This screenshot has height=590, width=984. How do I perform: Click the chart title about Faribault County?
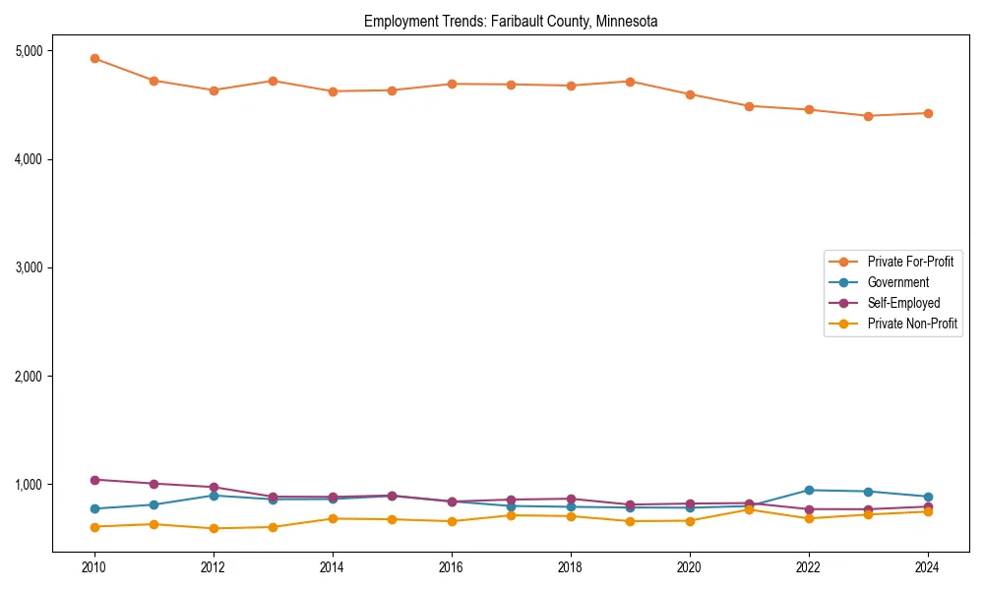(x=510, y=21)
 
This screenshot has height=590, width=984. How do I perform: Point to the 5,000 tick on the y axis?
(x=28, y=51)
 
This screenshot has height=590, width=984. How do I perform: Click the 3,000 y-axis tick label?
(x=28, y=267)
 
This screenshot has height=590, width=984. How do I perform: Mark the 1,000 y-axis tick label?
(x=28, y=485)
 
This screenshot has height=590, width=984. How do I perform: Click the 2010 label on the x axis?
(x=94, y=567)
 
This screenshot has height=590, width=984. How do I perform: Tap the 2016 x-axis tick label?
(x=451, y=567)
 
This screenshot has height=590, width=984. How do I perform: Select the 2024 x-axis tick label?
(x=927, y=567)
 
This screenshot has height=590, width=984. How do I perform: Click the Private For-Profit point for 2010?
(x=94, y=58)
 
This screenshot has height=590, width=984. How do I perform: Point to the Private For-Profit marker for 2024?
(x=927, y=113)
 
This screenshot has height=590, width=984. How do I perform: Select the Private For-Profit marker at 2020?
(x=689, y=94)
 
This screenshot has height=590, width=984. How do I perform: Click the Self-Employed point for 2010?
(x=94, y=480)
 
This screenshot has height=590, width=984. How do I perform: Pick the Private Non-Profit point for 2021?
(x=749, y=509)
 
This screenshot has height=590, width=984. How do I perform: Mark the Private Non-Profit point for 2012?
(x=214, y=528)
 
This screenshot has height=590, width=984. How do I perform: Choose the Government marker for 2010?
(x=94, y=508)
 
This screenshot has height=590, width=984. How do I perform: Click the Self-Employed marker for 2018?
(x=570, y=499)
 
